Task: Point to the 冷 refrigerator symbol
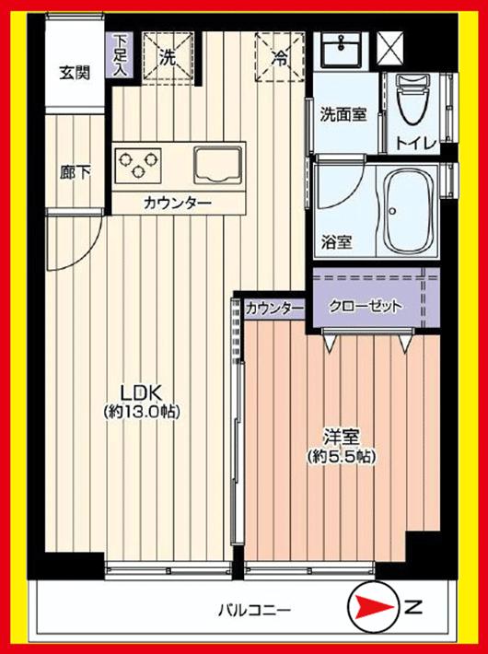click(278, 58)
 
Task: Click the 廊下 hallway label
click(76, 172)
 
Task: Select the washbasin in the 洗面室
click(342, 51)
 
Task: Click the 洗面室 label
click(343, 116)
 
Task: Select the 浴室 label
click(336, 243)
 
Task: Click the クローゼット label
click(366, 307)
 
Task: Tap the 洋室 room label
click(340, 434)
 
